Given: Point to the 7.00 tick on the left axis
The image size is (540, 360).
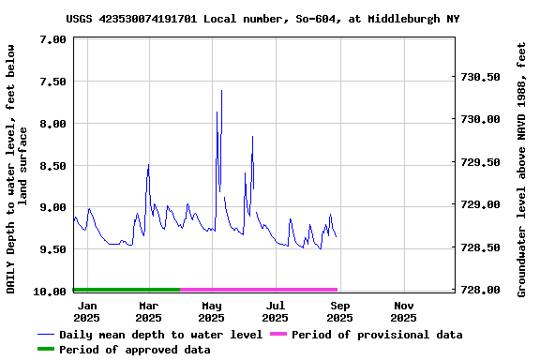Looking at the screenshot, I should (55, 39).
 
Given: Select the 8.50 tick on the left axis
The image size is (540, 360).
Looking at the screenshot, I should (55, 166).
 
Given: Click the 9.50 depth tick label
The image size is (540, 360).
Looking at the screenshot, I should (55, 249).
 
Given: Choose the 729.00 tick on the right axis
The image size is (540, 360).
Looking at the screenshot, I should (483, 204).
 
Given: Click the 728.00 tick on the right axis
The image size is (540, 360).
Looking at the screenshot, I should (483, 290).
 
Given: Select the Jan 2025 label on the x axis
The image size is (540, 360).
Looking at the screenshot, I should (86, 311).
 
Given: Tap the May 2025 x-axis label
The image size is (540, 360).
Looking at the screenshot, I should (212, 311).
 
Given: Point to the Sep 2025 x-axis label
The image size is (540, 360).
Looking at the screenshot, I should (339, 311).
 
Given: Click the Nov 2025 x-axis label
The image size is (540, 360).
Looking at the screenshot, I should (403, 311).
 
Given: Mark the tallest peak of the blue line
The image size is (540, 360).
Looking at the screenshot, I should (221, 91).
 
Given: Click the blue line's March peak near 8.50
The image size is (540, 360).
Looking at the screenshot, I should (148, 165).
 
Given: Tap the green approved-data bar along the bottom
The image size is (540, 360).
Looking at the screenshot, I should (126, 290).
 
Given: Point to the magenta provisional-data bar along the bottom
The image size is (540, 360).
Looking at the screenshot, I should (258, 290).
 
